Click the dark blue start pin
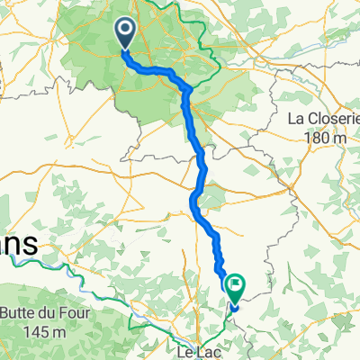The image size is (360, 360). pos(124,35)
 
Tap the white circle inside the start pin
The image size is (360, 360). pos(124,31)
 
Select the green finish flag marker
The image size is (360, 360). pos(236,287)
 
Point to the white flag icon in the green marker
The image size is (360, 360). pos(236,284)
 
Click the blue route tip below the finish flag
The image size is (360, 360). pos(232,309)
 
